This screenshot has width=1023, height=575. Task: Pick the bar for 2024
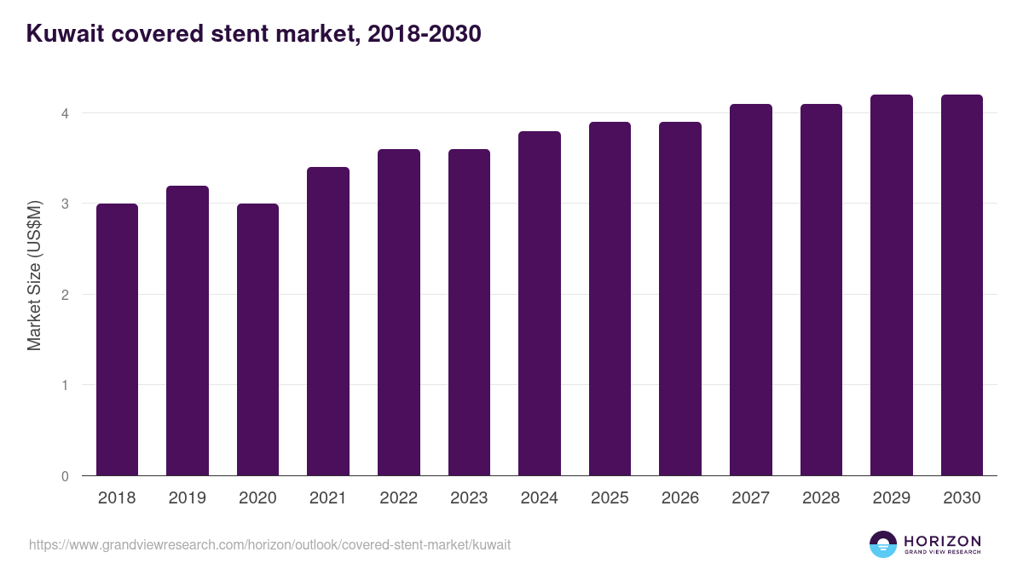539,303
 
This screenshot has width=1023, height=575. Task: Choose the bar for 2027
750,290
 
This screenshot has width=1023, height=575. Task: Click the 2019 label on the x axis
187,498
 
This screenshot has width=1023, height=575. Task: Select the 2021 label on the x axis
327,498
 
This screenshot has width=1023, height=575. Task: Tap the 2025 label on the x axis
610,498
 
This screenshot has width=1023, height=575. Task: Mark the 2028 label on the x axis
821,498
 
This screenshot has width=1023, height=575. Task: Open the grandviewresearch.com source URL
269,544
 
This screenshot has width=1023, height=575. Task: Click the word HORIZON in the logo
942,541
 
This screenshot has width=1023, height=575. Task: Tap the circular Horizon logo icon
883,544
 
